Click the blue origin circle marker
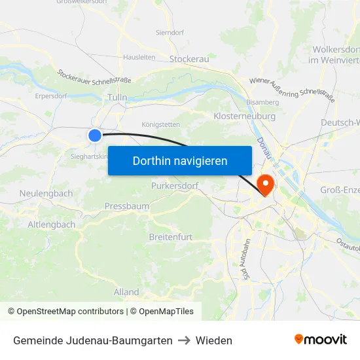point(95,135)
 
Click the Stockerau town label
point(189,60)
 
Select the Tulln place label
point(117,98)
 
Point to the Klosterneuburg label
point(243,115)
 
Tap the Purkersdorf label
point(174,186)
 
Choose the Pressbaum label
point(126,206)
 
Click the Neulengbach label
point(46,194)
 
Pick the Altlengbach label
point(51,225)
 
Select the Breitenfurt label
point(171,237)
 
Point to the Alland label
point(126,292)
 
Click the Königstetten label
point(160,124)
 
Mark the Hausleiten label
point(139,58)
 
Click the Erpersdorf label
point(52,96)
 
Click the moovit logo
point(320,340)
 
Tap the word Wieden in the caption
point(214,340)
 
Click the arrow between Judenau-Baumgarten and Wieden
point(184,340)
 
